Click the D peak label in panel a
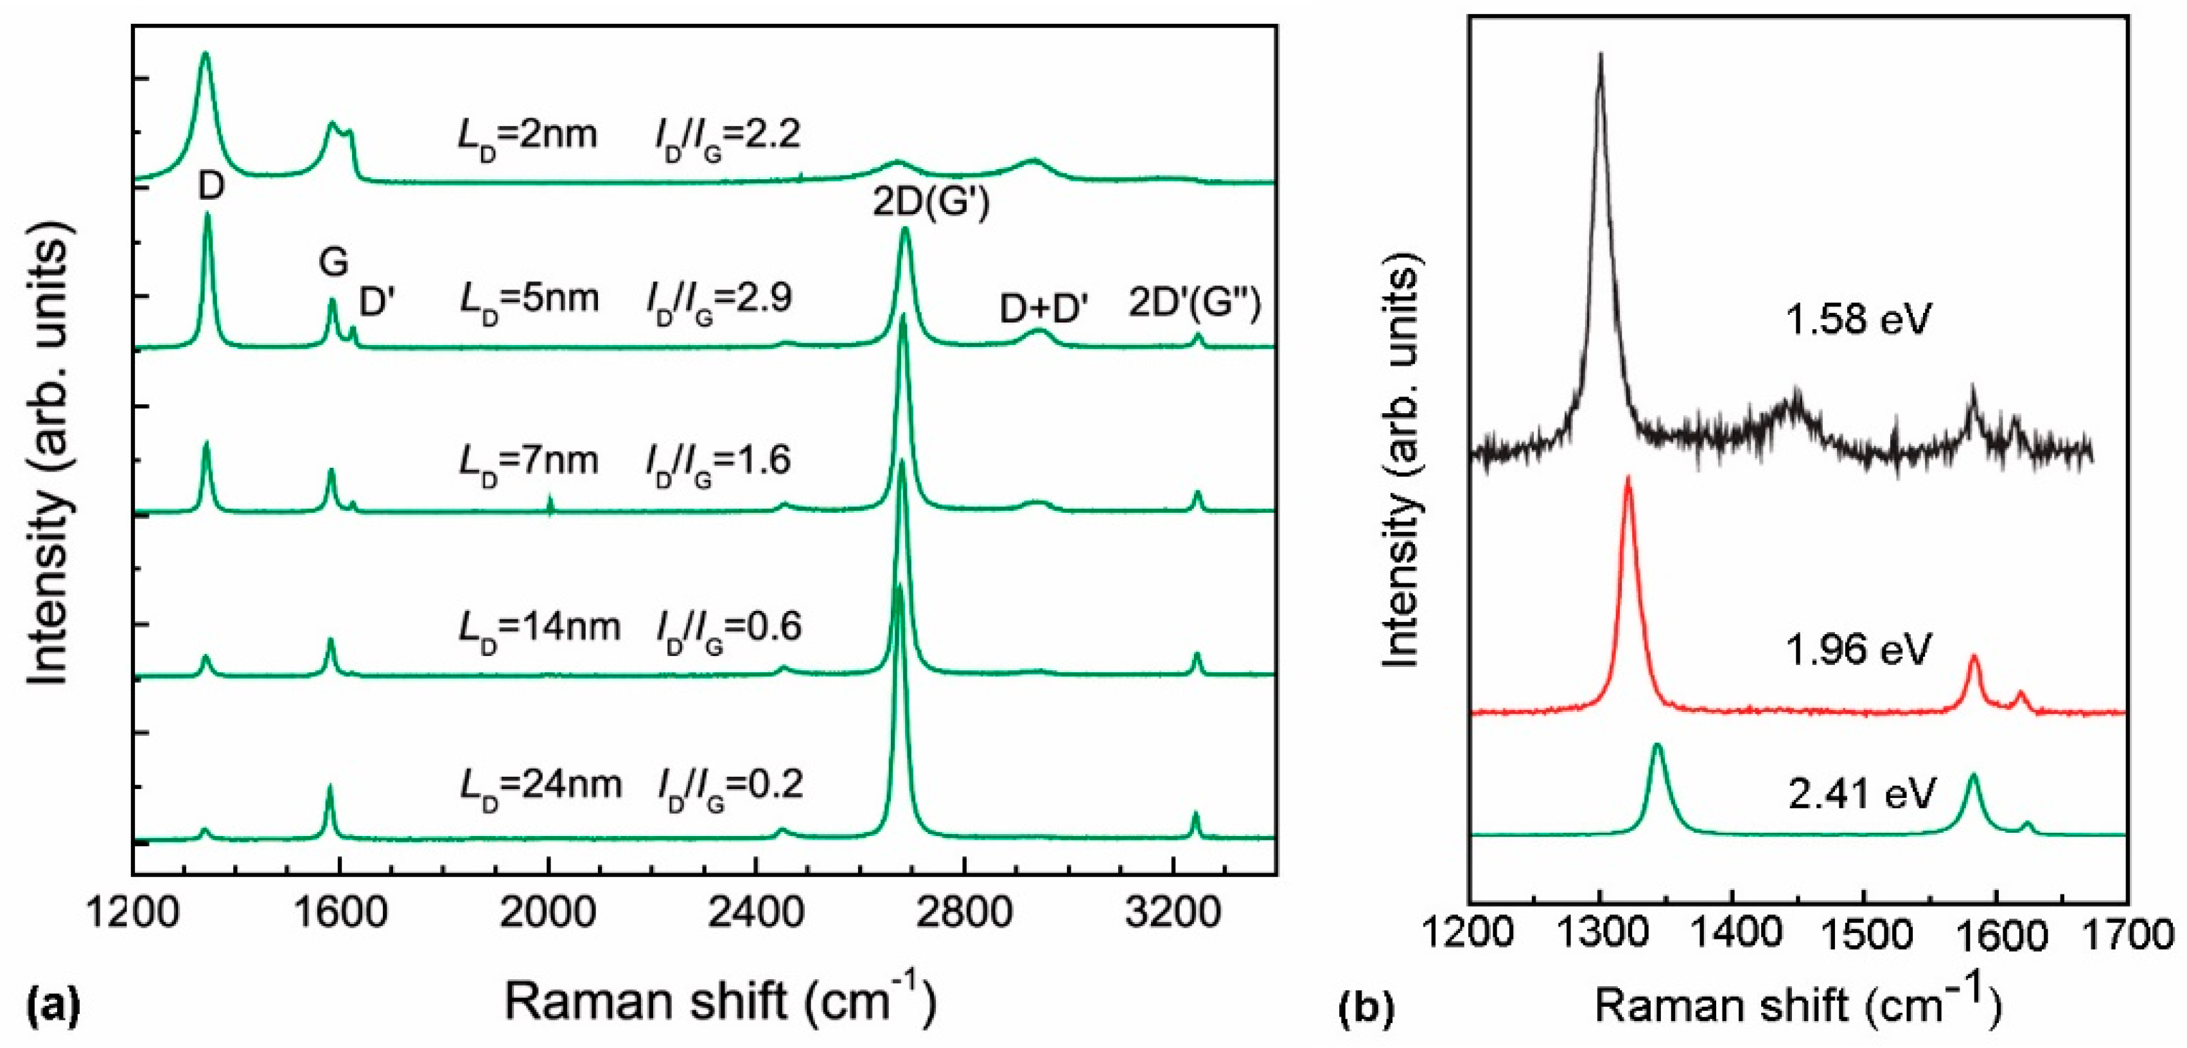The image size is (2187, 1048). (211, 186)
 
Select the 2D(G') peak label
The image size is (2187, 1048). (931, 205)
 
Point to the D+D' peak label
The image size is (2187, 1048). (1044, 310)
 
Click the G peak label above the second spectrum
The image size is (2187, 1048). (333, 262)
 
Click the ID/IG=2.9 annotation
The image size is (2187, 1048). (719, 299)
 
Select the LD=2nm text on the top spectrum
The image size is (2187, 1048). (527, 136)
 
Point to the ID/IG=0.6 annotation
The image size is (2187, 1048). (728, 628)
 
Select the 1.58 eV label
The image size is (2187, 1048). (1858, 320)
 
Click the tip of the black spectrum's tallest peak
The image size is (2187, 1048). (1601, 55)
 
